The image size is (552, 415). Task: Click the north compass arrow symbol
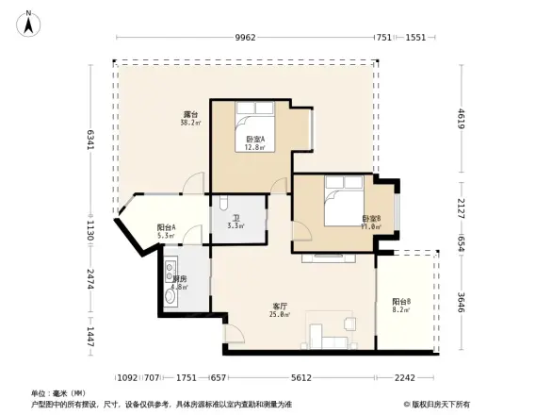pos(29,23)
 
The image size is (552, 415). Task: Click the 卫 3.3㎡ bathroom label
pos(236,222)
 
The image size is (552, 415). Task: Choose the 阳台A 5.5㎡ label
pos(167,231)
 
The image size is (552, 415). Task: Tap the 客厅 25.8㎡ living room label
pos(280,310)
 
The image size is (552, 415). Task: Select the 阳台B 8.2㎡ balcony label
pos(400,306)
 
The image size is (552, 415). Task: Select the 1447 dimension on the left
pos(89,338)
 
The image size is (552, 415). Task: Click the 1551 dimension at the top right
pos(415,38)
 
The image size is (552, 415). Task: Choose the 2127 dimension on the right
pos(462,207)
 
